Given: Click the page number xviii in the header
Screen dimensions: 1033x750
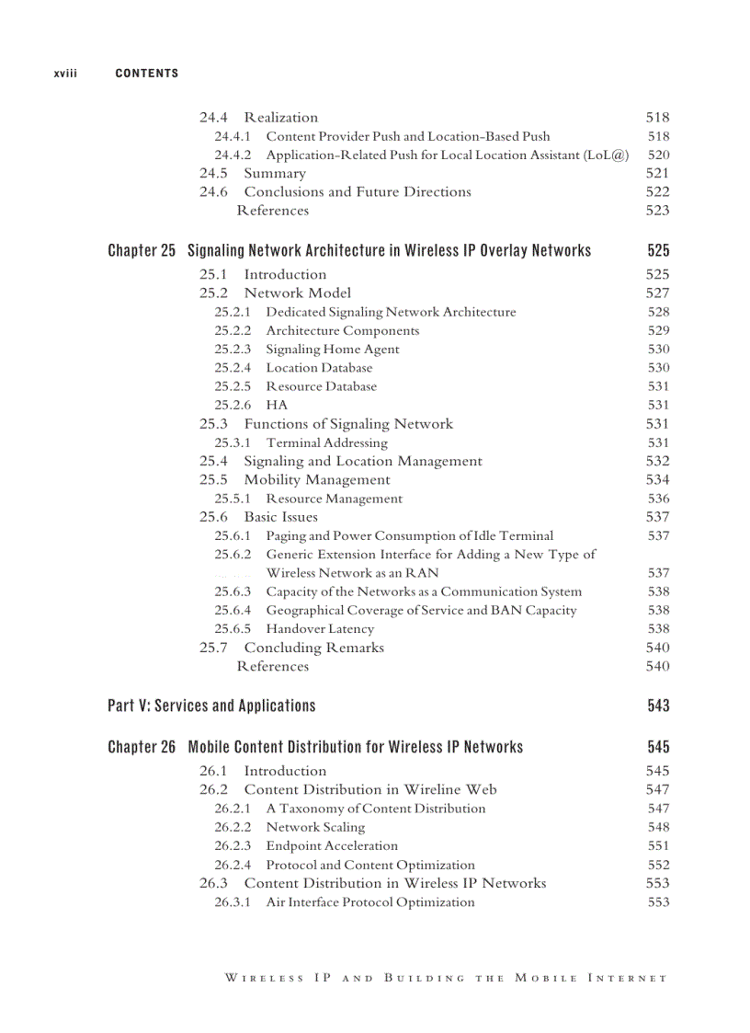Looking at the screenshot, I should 64,74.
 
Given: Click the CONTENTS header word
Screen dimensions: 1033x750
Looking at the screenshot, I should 147,74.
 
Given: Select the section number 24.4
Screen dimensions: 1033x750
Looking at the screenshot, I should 213,118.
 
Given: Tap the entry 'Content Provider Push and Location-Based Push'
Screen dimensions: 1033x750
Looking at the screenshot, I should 408,136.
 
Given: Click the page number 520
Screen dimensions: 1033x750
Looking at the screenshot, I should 658,155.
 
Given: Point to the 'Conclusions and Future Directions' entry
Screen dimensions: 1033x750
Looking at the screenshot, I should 357,192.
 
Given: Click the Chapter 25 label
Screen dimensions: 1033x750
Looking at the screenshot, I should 142,251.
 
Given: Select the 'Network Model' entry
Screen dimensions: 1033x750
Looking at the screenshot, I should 297,293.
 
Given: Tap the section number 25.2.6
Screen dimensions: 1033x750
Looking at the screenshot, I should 233,405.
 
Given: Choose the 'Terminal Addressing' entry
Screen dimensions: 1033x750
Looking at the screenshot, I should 326,442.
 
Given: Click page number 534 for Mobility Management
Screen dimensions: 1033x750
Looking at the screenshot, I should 657,480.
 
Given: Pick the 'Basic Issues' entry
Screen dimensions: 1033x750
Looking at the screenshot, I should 280,517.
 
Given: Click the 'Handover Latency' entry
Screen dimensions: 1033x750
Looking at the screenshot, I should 320,629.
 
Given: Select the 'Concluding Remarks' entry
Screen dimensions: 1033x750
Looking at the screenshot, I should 313,648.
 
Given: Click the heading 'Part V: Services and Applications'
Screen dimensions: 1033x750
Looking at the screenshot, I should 211,706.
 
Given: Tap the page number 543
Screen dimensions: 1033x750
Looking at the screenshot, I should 658,706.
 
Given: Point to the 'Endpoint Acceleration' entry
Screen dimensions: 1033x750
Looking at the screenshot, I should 332,846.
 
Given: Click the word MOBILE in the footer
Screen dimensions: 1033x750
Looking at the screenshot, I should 546,978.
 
